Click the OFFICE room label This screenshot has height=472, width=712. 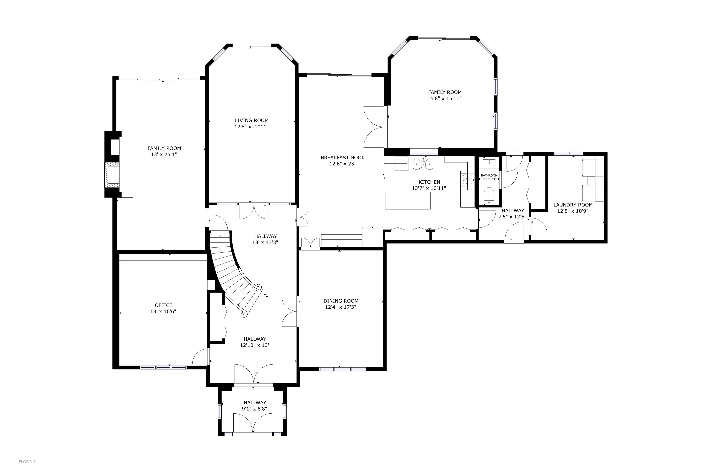click(x=163, y=305)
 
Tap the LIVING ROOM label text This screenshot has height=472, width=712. click(x=252, y=120)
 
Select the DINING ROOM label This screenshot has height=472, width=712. click(x=341, y=301)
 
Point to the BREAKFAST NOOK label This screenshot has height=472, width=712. click(x=343, y=157)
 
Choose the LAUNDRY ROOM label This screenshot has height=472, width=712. click(x=573, y=205)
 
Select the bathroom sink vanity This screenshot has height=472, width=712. click(x=489, y=163)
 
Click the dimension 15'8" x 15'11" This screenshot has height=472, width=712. click(x=445, y=98)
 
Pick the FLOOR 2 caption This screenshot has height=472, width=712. click(x=27, y=462)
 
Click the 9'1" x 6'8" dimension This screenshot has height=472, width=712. click(x=255, y=409)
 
